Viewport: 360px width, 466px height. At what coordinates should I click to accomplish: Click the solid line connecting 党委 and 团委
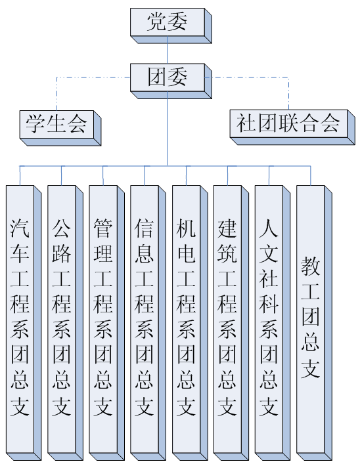[168, 50]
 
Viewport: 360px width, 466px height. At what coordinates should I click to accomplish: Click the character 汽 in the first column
[20, 228]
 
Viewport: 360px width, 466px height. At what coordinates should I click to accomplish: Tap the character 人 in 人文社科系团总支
[269, 228]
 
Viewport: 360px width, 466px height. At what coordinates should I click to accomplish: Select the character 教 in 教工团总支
[310, 266]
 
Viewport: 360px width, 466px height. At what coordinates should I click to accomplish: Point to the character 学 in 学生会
[35, 124]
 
